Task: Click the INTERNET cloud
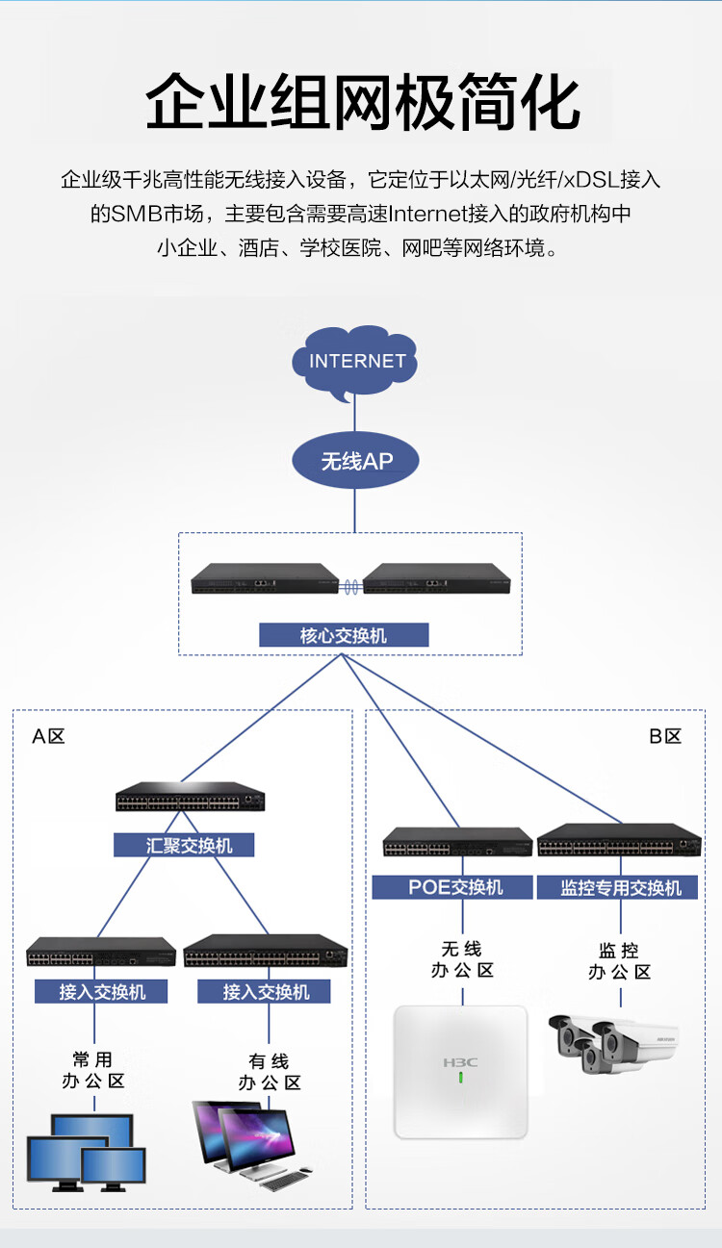pyautogui.click(x=354, y=361)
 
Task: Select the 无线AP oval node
pyautogui.click(x=355, y=460)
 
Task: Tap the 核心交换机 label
pyautogui.click(x=344, y=635)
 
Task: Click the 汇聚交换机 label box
pyautogui.click(x=184, y=845)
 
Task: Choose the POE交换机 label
pyautogui.click(x=452, y=887)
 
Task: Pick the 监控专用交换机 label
pyautogui.click(x=617, y=887)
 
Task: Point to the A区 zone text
pyautogui.click(x=48, y=736)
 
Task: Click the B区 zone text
pyautogui.click(x=665, y=736)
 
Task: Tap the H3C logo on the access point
pyautogui.click(x=460, y=1062)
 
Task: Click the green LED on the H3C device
pyautogui.click(x=460, y=1078)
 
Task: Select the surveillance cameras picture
pyautogui.click(x=613, y=1044)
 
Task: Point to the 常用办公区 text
pyautogui.click(x=93, y=1070)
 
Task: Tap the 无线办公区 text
pyautogui.click(x=462, y=959)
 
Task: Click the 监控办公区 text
pyautogui.click(x=619, y=961)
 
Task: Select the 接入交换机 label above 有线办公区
pyautogui.click(x=264, y=992)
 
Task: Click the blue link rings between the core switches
pyautogui.click(x=350, y=587)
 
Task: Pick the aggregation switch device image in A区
pyautogui.click(x=190, y=796)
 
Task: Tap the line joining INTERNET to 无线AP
pyautogui.click(x=354, y=416)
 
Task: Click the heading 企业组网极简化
pyautogui.click(x=363, y=102)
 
